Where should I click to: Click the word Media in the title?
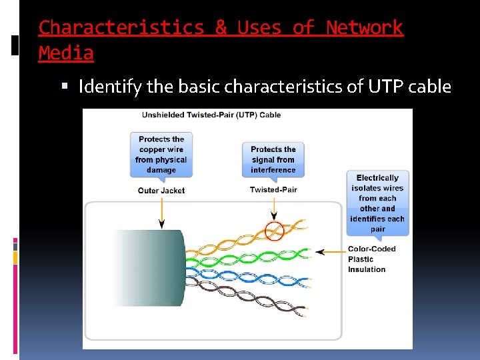click(66, 53)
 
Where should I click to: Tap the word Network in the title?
click(364, 28)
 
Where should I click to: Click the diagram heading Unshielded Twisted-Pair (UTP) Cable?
click(211, 115)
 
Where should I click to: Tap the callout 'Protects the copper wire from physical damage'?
click(161, 155)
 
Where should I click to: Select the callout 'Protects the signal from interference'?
click(273, 159)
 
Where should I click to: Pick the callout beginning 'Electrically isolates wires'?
click(377, 203)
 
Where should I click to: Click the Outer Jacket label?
click(161, 191)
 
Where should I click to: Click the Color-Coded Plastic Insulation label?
click(371, 259)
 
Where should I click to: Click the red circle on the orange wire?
click(274, 231)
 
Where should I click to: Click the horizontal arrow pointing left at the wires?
click(329, 252)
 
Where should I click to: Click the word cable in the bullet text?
click(430, 87)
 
